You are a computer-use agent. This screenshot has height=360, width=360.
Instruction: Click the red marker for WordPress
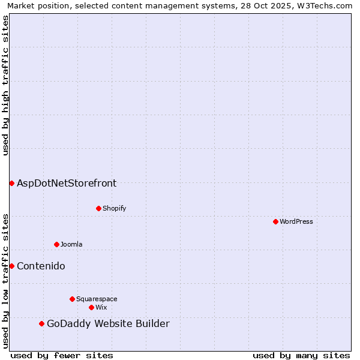click(x=275, y=221)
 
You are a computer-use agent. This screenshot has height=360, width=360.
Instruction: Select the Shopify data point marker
click(x=98, y=208)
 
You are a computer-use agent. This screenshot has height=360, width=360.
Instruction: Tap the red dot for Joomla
click(x=56, y=244)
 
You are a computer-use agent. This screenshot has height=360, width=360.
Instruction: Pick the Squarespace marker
click(x=72, y=299)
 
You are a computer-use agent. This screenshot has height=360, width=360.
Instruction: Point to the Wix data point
click(x=91, y=307)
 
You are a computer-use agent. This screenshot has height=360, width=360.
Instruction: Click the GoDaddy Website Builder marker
click(x=41, y=324)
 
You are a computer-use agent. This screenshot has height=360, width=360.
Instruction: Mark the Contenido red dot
click(x=11, y=266)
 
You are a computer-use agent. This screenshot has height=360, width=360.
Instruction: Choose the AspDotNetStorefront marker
click(x=11, y=183)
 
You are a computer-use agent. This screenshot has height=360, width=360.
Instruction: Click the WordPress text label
click(x=296, y=221)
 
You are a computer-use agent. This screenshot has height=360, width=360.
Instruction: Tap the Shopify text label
click(x=114, y=208)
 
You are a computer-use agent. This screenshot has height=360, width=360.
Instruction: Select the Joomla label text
click(x=71, y=244)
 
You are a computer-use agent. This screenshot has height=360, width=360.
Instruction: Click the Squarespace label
click(x=97, y=299)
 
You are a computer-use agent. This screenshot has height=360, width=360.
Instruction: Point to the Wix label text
click(x=101, y=307)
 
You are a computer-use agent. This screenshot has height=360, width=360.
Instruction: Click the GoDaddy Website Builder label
click(x=108, y=324)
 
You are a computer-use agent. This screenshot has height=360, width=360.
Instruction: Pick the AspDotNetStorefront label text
click(x=67, y=183)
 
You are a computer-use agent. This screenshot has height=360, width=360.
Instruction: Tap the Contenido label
click(x=41, y=266)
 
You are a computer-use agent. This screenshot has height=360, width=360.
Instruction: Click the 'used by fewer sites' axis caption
click(x=62, y=355)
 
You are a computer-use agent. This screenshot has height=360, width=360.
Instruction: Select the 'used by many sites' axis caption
click(x=301, y=355)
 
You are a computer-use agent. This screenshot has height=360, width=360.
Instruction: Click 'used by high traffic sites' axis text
click(x=5, y=85)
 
